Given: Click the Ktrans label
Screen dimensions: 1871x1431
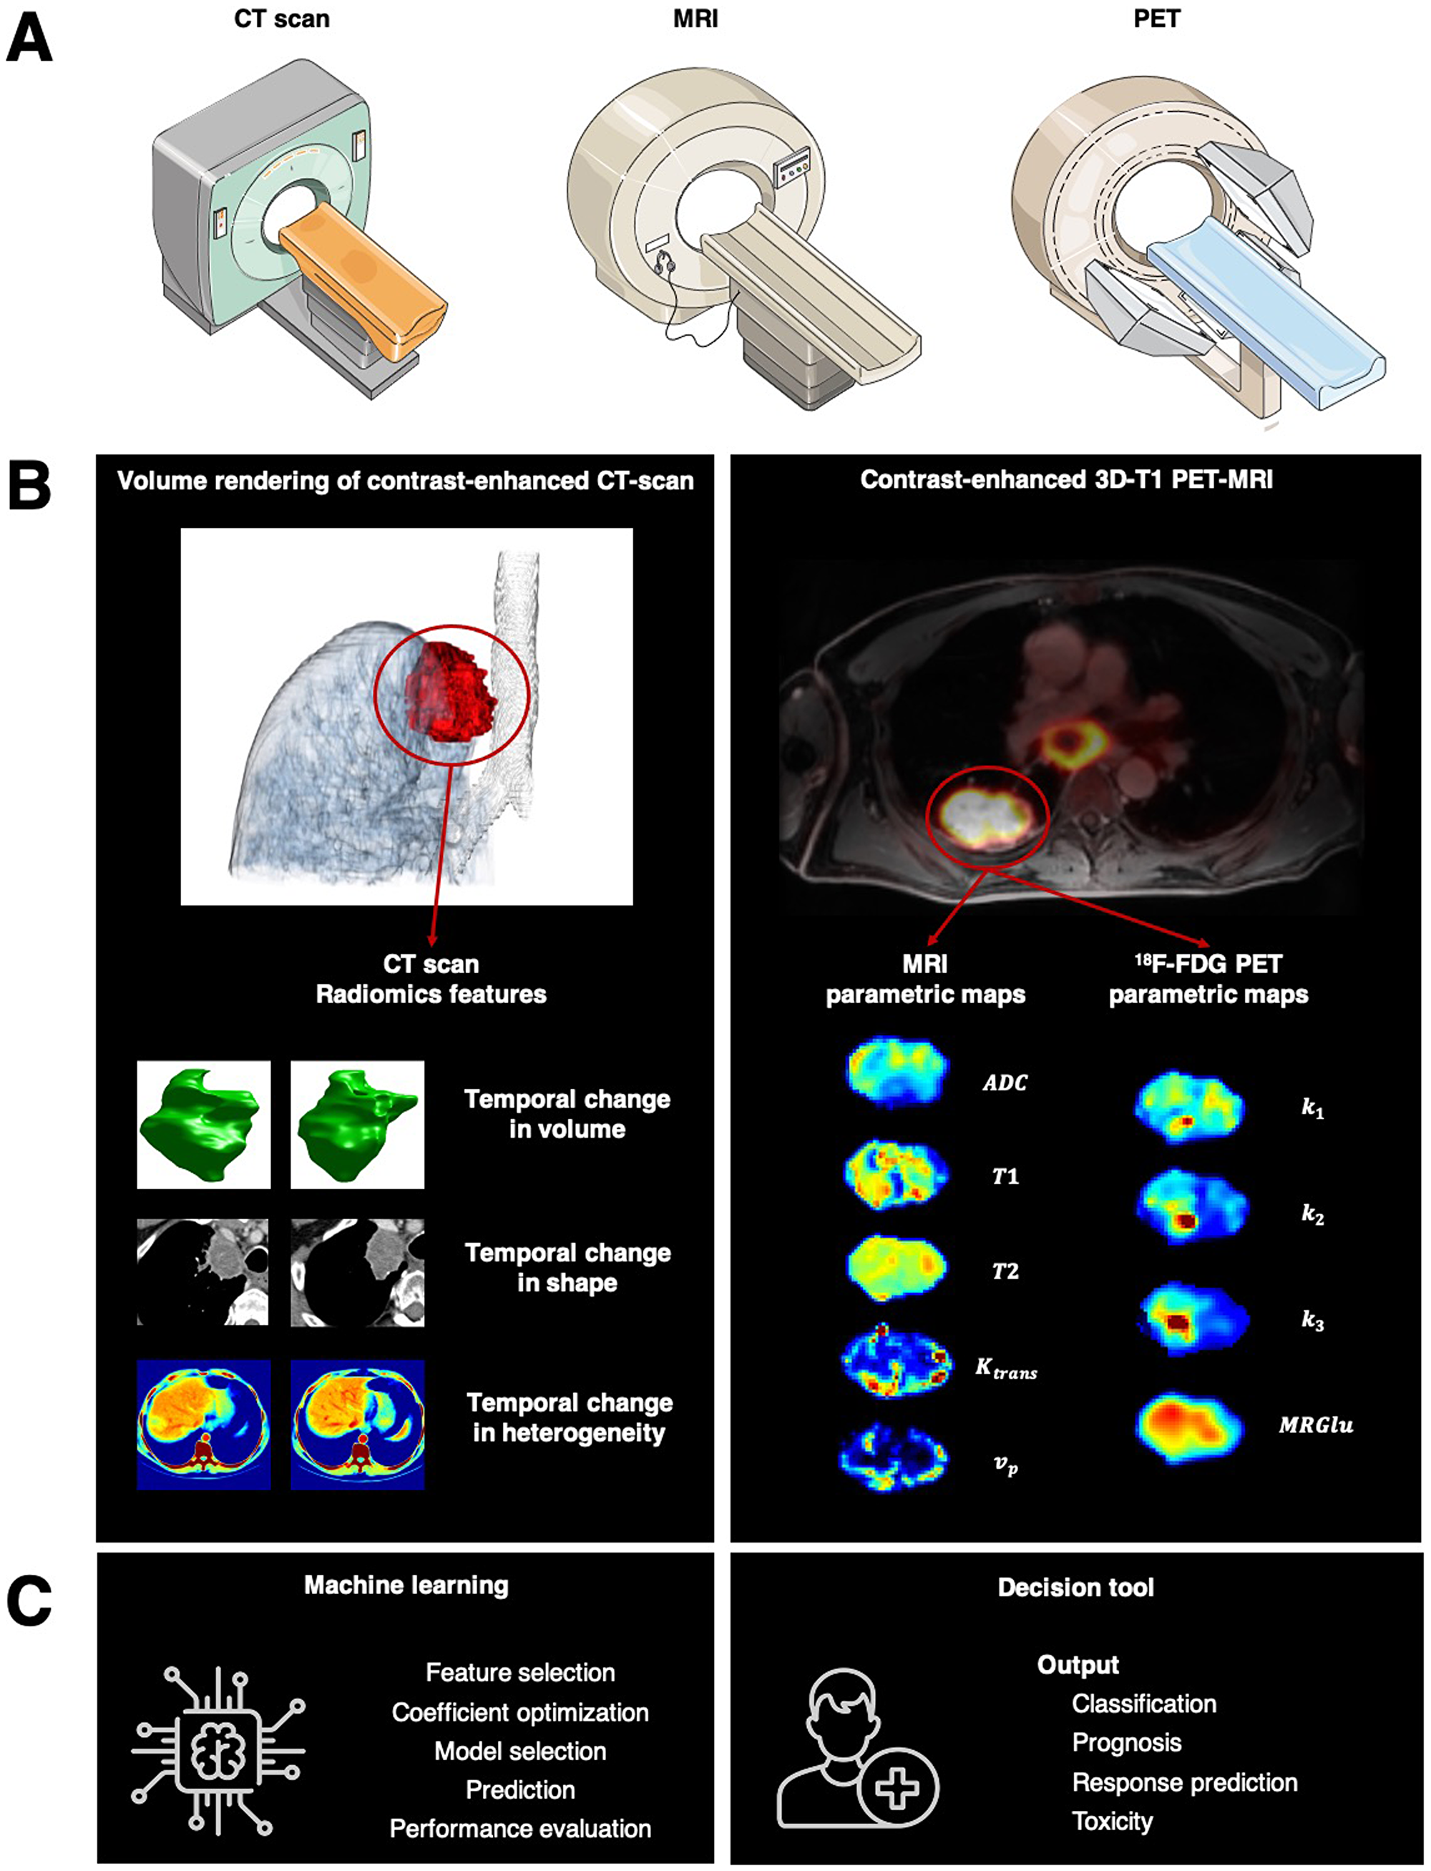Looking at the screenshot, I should pos(1006,1369).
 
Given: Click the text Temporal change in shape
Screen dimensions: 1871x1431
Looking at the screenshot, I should pos(567,1267).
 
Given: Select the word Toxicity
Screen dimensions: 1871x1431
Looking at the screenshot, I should pos(1112,1822).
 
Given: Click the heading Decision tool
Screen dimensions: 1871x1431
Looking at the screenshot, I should pos(1075,1588).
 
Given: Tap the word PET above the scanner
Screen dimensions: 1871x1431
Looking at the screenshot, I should pos(1156,18).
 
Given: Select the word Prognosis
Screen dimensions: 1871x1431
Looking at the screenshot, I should pos(1126,1742).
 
